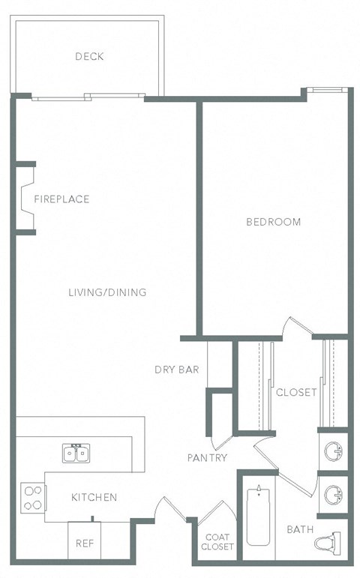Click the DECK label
(x=89, y=56)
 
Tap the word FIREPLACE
(x=61, y=199)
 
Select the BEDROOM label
(x=274, y=222)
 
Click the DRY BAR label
(x=176, y=369)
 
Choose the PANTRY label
(x=208, y=457)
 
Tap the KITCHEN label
(x=94, y=497)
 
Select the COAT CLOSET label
(x=217, y=542)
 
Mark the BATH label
(x=300, y=529)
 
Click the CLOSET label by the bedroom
(x=296, y=392)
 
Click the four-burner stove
(x=32, y=497)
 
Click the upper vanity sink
(x=332, y=451)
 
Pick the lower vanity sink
(x=332, y=495)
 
